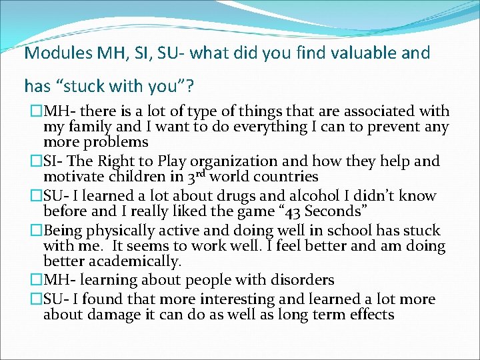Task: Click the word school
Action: (368, 231)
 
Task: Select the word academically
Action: (137, 262)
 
